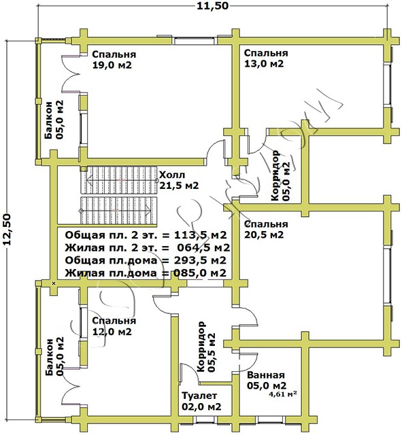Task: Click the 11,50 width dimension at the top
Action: (213, 5)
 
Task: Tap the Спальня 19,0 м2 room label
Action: (114, 59)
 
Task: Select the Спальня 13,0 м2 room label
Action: (266, 58)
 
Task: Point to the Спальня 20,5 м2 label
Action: (266, 229)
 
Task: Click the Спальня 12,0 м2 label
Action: (114, 326)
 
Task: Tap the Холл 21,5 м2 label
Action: (179, 180)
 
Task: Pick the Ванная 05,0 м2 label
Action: (267, 380)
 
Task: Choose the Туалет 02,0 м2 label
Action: (201, 401)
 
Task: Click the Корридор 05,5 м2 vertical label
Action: (205, 347)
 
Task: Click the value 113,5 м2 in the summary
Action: (201, 235)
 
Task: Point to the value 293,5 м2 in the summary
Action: (201, 260)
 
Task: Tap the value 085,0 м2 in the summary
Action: (201, 273)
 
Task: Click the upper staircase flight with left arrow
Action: (120, 180)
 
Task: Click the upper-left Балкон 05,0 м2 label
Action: (54, 120)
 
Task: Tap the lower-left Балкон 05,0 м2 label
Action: (54, 356)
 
